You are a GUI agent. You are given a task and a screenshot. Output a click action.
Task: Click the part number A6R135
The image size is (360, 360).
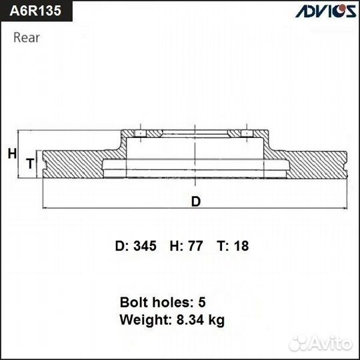tap(34, 11)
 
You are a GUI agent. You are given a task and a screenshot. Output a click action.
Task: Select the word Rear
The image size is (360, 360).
tap(27, 37)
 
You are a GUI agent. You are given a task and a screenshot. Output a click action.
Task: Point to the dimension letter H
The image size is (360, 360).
tap(11, 154)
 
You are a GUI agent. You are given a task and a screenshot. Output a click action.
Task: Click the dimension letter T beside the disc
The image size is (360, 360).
tap(29, 163)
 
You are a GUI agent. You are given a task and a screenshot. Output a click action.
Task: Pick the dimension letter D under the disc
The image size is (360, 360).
tap(195, 202)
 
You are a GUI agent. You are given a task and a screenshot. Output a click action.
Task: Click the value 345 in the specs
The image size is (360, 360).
tap(145, 246)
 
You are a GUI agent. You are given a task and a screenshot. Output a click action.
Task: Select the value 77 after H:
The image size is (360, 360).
tap(195, 246)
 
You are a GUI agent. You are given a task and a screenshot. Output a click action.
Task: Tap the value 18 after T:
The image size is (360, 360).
tap(241, 246)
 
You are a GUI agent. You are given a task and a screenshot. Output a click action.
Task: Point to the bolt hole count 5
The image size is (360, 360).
tap(202, 301)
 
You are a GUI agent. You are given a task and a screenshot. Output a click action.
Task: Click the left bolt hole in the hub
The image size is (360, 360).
tap(141, 135)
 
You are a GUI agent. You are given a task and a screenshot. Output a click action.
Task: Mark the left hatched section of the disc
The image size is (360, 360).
tap(73, 163)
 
